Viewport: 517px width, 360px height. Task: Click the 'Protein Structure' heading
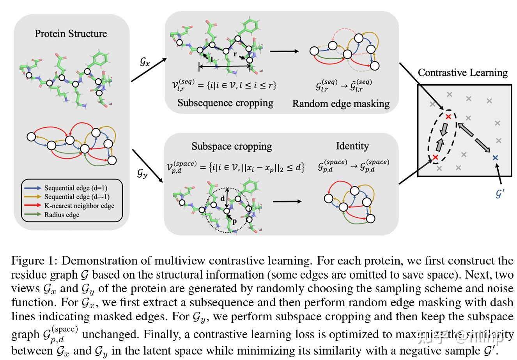point(71,34)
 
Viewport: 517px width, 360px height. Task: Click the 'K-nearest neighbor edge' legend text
point(79,206)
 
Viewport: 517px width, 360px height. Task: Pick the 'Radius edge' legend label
point(62,215)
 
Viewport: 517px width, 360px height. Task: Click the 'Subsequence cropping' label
point(225,103)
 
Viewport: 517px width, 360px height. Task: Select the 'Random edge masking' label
point(341,104)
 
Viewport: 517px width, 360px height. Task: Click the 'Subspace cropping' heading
point(232,146)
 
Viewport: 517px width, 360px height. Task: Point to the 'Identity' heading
point(352,146)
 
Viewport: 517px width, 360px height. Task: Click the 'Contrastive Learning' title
point(462,73)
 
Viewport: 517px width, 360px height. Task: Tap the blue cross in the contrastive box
point(495,158)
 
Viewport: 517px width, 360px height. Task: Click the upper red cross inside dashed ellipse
point(448,116)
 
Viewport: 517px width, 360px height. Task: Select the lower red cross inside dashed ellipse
point(436,157)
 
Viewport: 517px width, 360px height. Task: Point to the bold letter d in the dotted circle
point(223,199)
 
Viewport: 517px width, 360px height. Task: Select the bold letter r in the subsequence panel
point(235,55)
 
